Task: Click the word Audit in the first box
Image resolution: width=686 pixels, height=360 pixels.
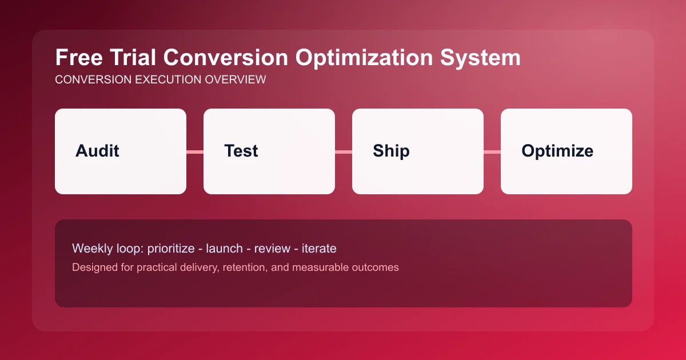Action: pos(97,151)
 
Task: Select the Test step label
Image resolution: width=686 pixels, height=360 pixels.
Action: pos(241,151)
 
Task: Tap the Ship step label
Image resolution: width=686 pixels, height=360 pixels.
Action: pos(391,151)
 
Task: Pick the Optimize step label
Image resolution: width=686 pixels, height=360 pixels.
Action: pos(557,151)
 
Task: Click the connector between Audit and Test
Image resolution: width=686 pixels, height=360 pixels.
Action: pos(195,151)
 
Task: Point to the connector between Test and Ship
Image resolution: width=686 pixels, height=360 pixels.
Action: pos(344,151)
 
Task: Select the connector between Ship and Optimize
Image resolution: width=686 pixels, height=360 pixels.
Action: pos(492,151)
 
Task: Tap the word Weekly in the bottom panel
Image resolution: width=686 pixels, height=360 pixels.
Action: pos(91,249)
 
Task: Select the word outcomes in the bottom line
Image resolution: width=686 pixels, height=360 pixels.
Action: pos(375,267)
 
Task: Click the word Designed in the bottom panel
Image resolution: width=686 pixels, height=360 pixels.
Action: pos(93,267)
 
